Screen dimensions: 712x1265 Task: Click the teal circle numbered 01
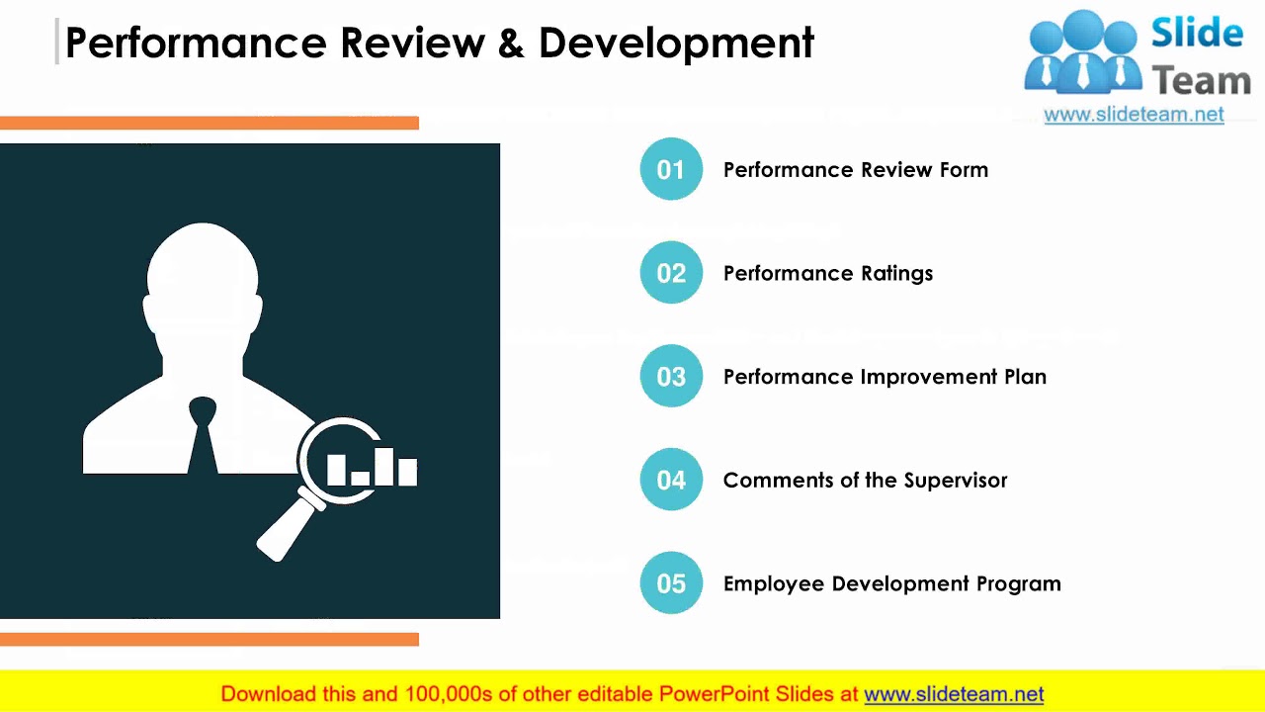click(671, 169)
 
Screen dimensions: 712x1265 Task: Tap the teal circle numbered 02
click(671, 273)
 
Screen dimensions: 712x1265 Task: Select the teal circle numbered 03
click(671, 377)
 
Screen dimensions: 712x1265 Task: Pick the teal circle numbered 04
click(671, 480)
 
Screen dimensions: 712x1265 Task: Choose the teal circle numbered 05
click(671, 583)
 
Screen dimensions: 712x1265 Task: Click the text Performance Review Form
click(855, 170)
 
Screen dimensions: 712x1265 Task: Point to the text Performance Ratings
click(827, 274)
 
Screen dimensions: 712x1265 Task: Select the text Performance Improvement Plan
click(885, 377)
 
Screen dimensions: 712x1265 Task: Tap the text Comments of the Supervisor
click(865, 481)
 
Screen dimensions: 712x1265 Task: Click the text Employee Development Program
click(891, 583)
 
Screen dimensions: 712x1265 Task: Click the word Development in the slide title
click(676, 44)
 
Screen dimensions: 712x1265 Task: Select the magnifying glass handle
click(286, 528)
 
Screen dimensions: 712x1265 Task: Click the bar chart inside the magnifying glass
click(372, 467)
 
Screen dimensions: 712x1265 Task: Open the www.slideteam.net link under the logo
click(1134, 115)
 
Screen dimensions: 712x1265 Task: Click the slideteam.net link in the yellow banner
click(954, 694)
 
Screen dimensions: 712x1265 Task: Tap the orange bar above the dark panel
click(210, 123)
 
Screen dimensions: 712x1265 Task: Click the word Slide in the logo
click(1197, 34)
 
